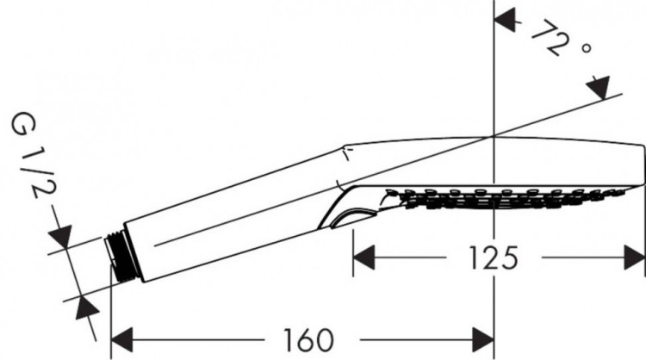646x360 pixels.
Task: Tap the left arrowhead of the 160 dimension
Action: click(123, 339)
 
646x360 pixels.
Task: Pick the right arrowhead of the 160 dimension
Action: click(482, 339)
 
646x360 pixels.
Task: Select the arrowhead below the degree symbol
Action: click(598, 87)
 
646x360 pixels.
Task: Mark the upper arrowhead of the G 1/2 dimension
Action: click(62, 236)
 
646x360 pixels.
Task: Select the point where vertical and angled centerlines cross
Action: click(494, 136)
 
